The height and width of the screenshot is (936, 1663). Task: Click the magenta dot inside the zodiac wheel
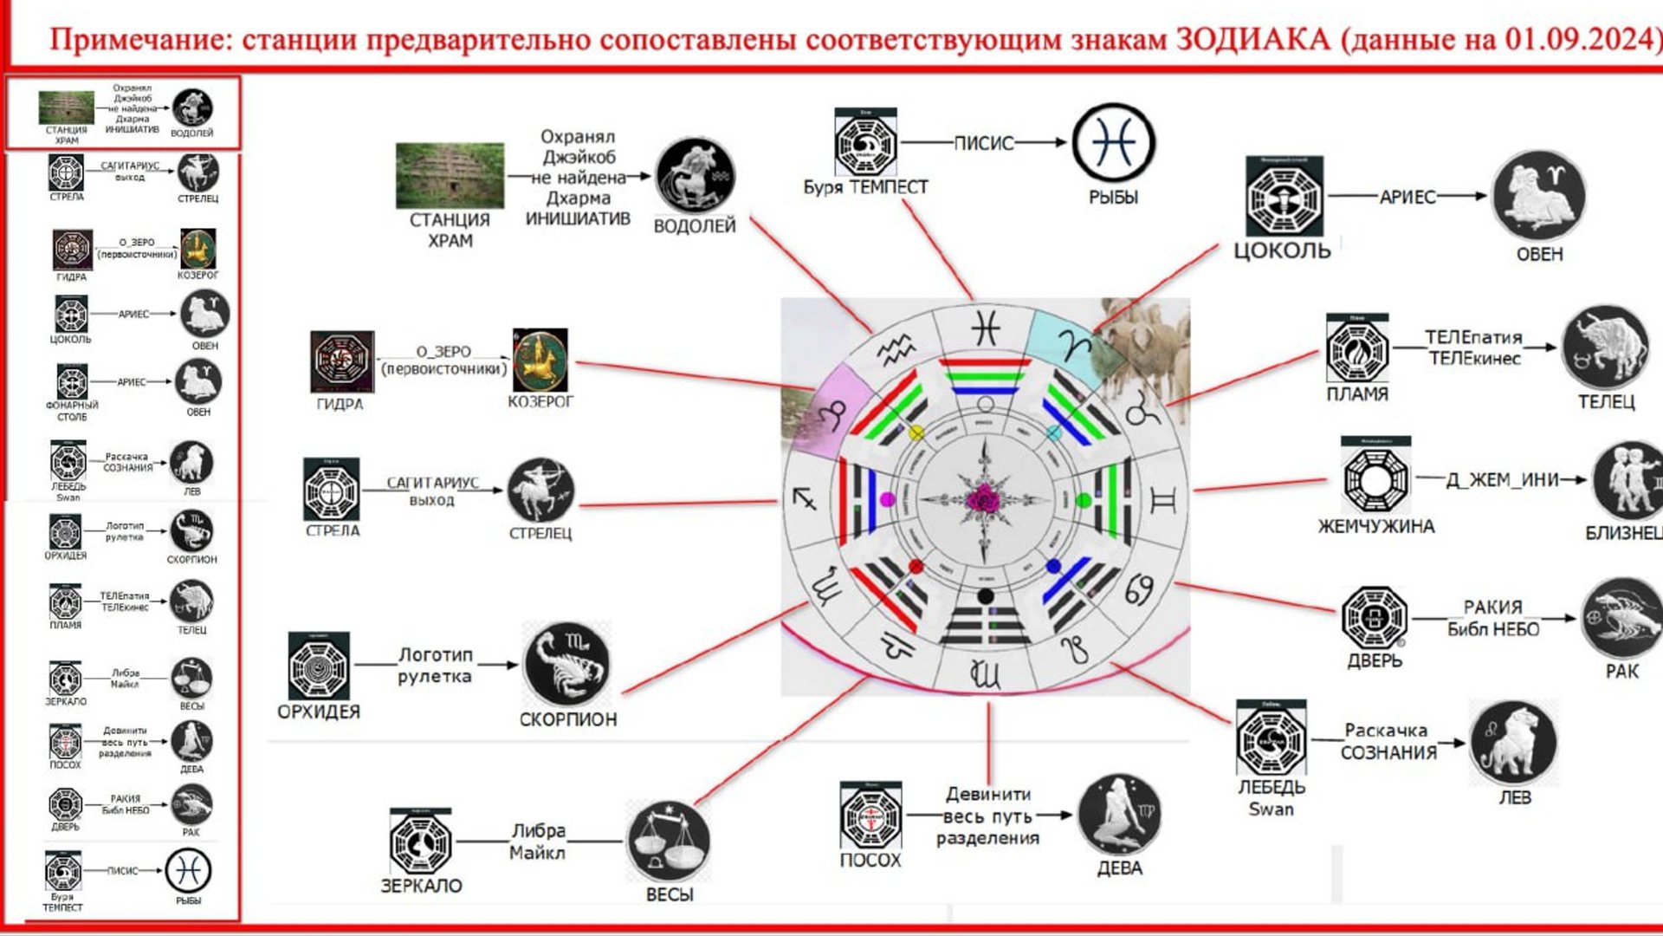[x=887, y=499]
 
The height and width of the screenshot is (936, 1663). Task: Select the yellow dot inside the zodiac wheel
[x=916, y=432]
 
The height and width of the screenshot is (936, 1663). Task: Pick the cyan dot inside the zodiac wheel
[x=1053, y=432]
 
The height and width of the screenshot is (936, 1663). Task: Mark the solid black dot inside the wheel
[x=985, y=596]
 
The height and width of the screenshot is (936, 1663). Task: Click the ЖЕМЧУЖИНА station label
[x=1375, y=526]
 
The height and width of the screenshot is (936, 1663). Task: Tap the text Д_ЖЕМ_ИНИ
[x=1502, y=480]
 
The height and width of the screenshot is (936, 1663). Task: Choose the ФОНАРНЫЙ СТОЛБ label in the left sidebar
[x=72, y=411]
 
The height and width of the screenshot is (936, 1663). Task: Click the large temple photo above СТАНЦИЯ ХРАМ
[x=450, y=176]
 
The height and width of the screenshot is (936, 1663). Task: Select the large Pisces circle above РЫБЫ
[x=1113, y=144]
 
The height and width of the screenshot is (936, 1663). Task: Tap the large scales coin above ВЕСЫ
[x=668, y=842]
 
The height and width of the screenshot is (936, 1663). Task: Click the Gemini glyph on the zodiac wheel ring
[x=1162, y=500]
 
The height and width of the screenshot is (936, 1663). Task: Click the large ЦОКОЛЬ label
[x=1282, y=251]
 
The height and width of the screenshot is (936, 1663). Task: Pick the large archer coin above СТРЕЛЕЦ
[x=540, y=491]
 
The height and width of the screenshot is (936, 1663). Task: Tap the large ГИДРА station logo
[x=342, y=361]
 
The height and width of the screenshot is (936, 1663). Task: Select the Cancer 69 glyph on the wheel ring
[x=1139, y=589]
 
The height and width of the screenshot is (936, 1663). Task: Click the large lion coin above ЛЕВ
[x=1513, y=743]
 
